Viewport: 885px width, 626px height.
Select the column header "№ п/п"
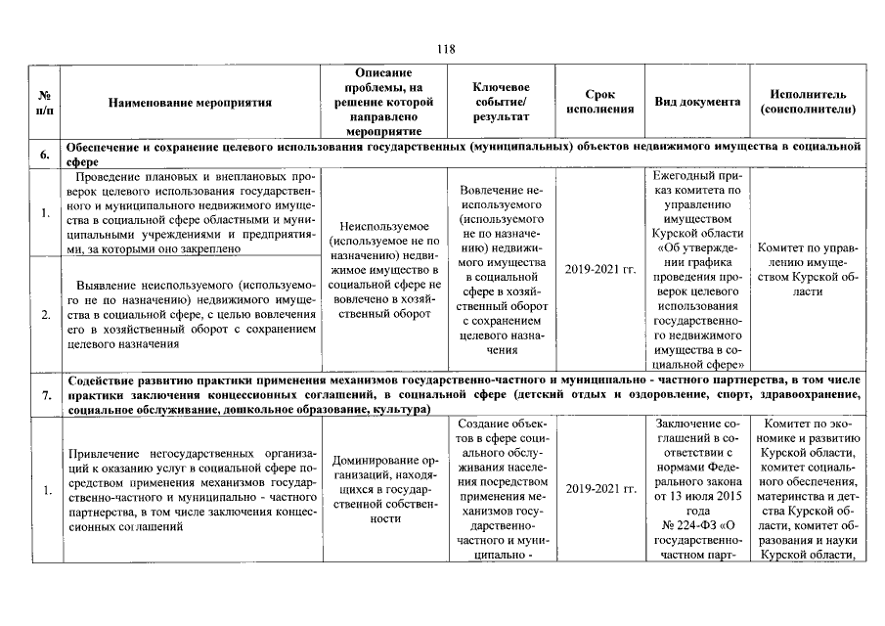pos(45,102)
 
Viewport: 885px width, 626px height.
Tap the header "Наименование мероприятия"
pos(190,102)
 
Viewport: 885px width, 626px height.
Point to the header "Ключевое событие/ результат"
pos(500,102)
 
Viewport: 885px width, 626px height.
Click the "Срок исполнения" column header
pos(599,102)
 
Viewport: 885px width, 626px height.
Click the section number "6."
pos(45,155)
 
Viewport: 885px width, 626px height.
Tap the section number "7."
pos(45,394)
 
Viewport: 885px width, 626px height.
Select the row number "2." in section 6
pos(45,314)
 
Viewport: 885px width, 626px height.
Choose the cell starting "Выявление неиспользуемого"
pos(190,314)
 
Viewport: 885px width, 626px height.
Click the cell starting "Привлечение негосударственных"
pos(190,490)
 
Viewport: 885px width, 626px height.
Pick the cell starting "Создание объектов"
pos(500,489)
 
